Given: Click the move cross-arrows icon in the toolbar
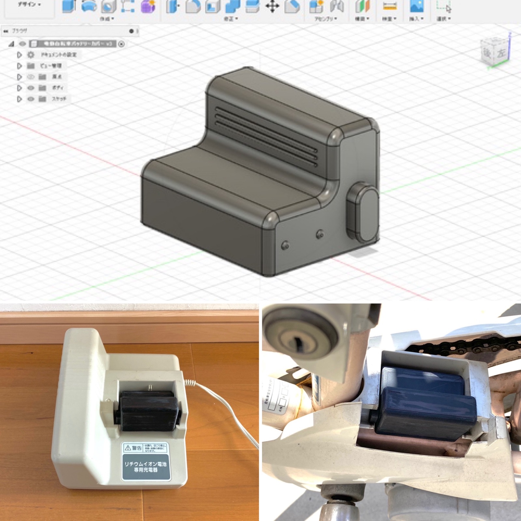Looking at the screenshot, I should pyautogui.click(x=272, y=7).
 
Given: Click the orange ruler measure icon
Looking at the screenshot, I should pyautogui.click(x=389, y=7).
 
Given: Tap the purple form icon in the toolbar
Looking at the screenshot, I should pyautogui.click(x=148, y=7).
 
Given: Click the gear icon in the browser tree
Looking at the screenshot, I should pyautogui.click(x=31, y=55).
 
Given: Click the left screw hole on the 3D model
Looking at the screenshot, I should pyautogui.click(x=285, y=245).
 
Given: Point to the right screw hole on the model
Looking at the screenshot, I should pyautogui.click(x=320, y=234).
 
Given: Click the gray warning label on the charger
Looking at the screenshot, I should pyautogui.click(x=146, y=461).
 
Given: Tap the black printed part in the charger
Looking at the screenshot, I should pyautogui.click(x=148, y=412).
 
